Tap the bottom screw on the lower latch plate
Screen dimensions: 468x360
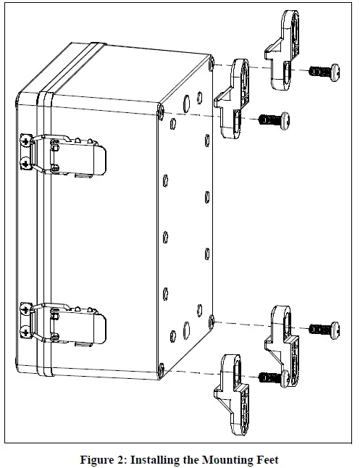(x=25, y=331)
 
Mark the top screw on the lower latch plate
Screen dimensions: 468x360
(x=25, y=310)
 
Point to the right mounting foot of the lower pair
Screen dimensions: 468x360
(x=283, y=338)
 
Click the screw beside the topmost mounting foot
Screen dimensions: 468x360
(x=325, y=71)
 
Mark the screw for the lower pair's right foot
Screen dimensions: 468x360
(x=324, y=329)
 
